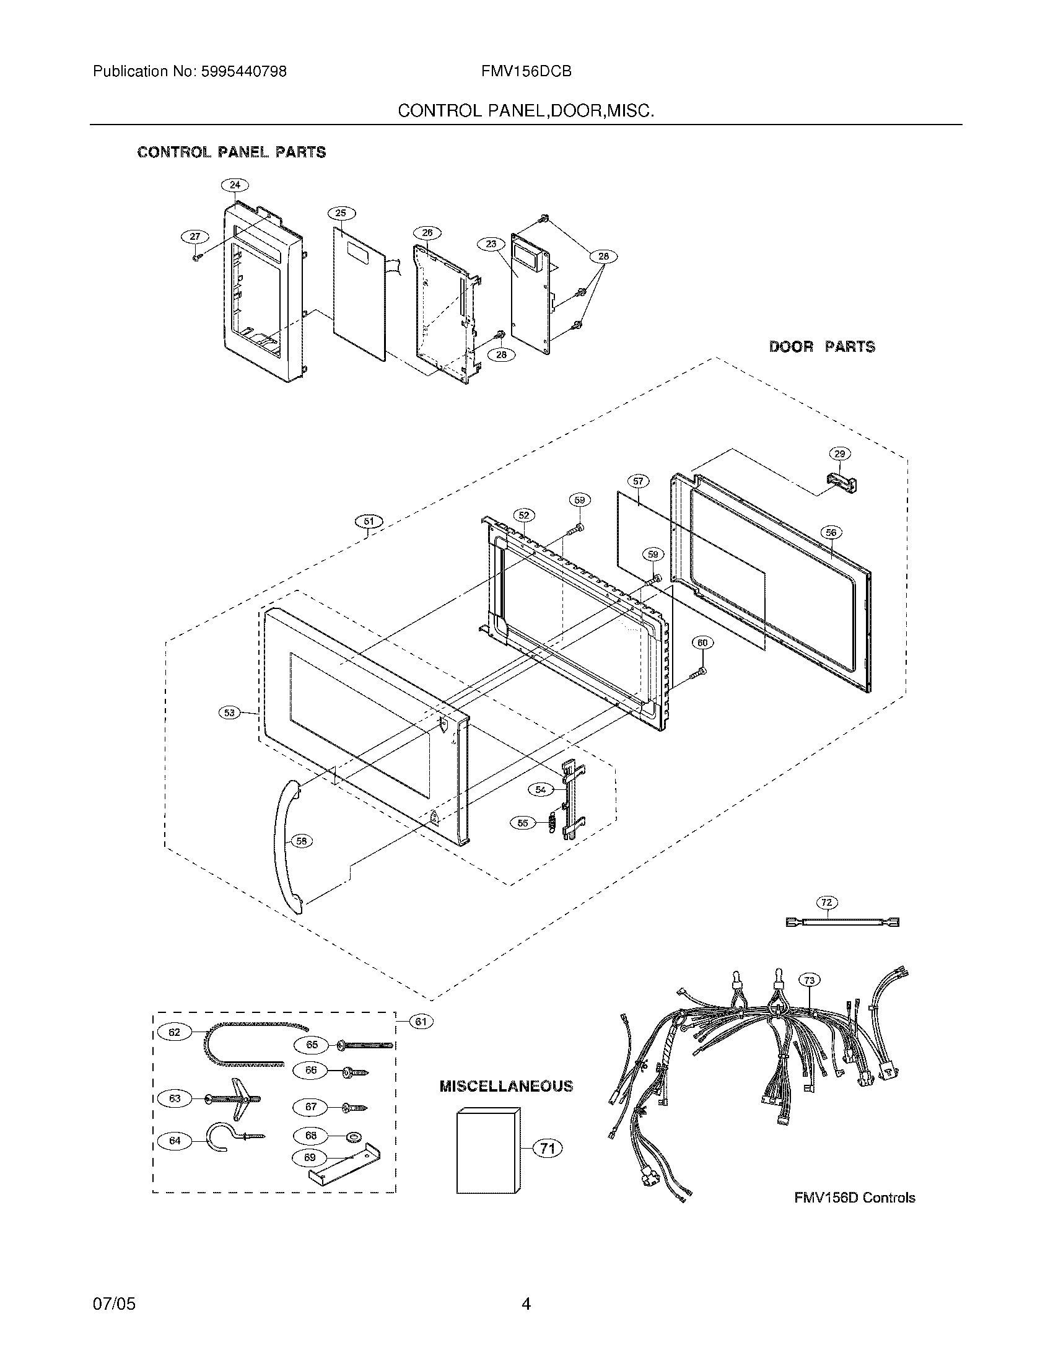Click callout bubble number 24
pyautogui.click(x=235, y=185)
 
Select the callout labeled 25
pyautogui.click(x=341, y=214)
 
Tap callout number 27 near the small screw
pyautogui.click(x=194, y=237)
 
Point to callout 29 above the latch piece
pyautogui.click(x=839, y=454)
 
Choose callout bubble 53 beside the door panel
pyautogui.click(x=230, y=712)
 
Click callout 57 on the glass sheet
pyautogui.click(x=637, y=481)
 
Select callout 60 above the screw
pyautogui.click(x=702, y=642)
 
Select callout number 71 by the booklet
pyautogui.click(x=547, y=1148)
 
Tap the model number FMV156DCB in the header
pyautogui.click(x=526, y=72)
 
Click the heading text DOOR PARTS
pyautogui.click(x=821, y=347)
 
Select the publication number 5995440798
pyautogui.click(x=244, y=72)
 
